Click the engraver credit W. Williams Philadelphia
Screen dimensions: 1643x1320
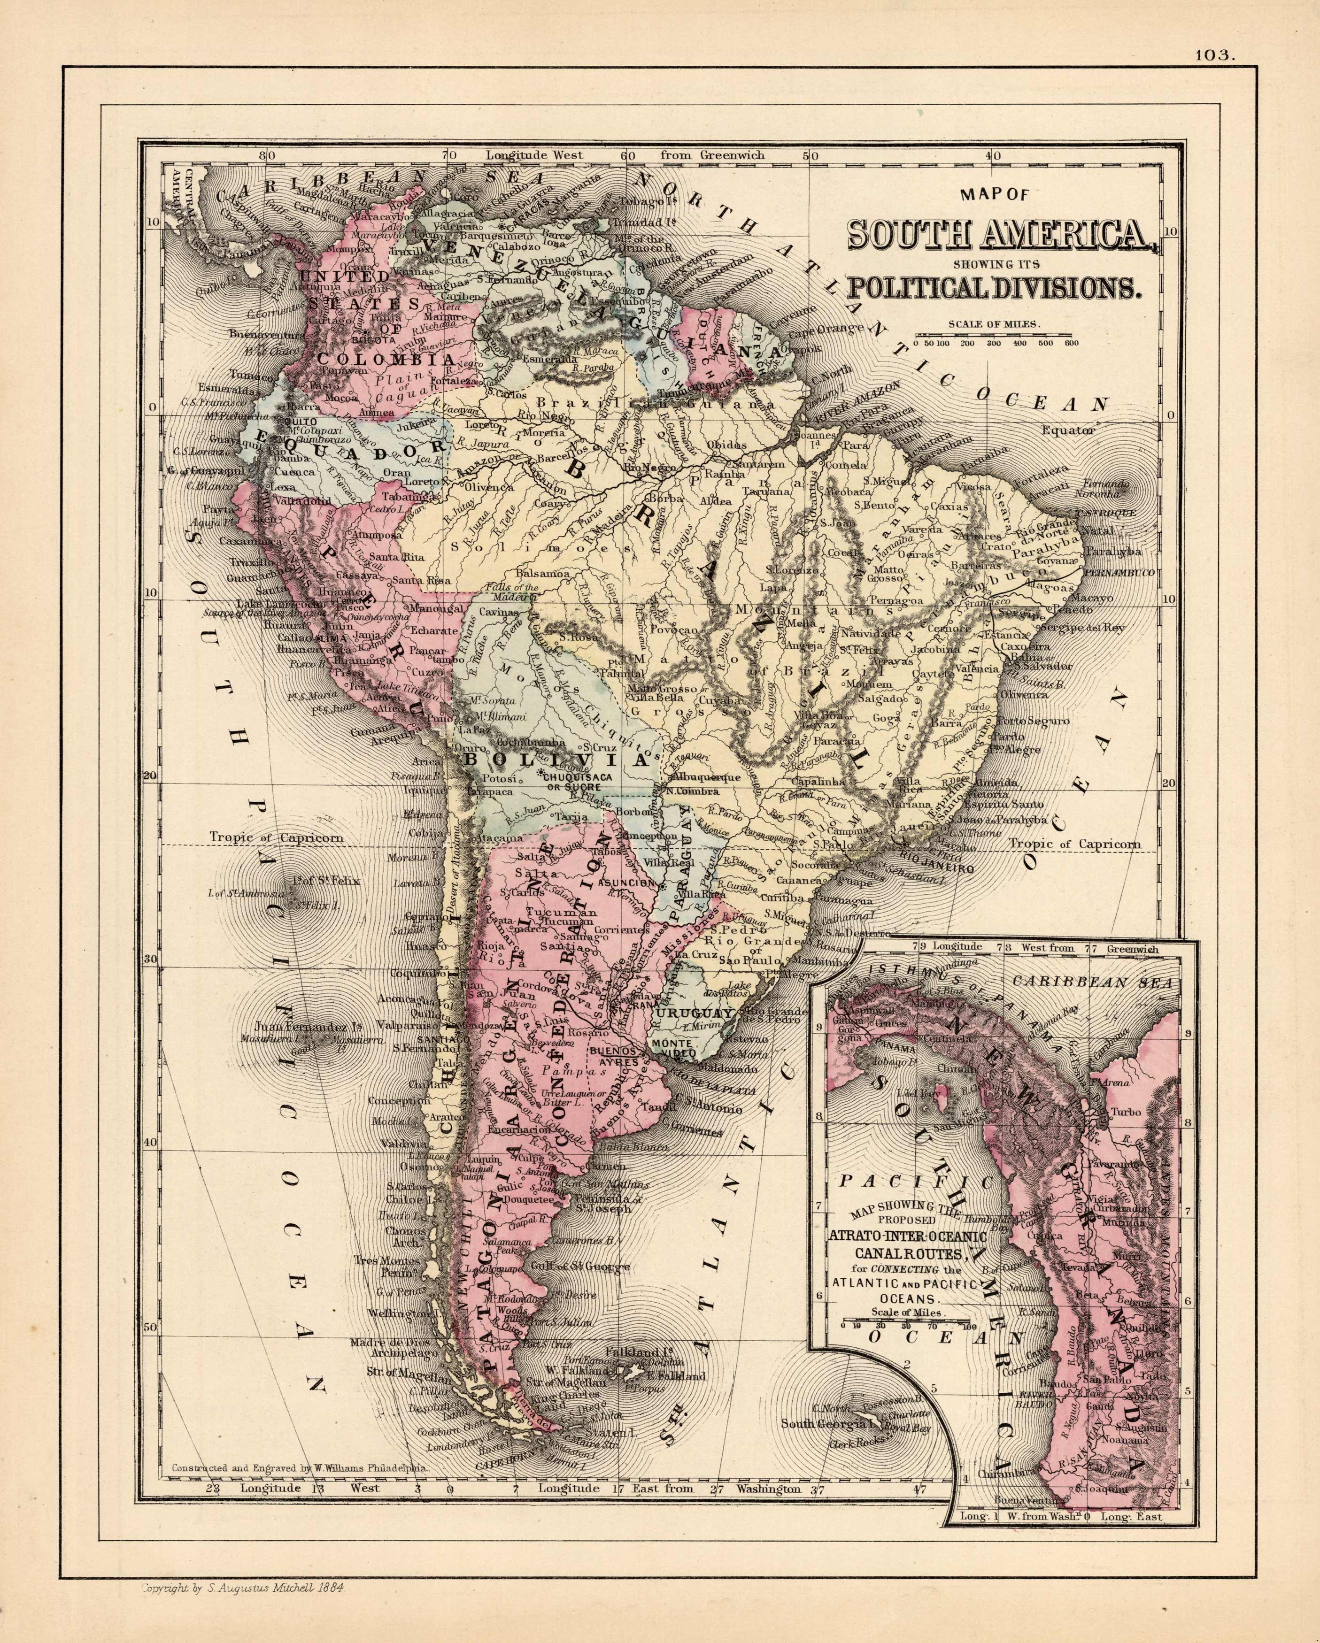pos(301,1466)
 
